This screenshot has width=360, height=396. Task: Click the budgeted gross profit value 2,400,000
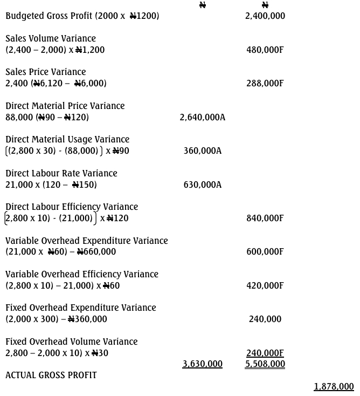[x=265, y=16]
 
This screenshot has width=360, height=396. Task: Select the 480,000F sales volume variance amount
[x=265, y=50]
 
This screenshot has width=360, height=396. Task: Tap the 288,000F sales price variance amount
[x=265, y=83]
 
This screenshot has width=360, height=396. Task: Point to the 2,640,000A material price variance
[x=203, y=117]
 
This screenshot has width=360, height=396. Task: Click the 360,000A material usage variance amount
[x=203, y=151]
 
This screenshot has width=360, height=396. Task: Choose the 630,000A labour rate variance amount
[x=203, y=185]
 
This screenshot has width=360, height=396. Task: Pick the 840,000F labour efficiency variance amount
[x=265, y=218]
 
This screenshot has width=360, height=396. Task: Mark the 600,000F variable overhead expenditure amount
[x=265, y=251]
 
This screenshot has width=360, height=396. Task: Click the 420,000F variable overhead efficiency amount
[x=265, y=285]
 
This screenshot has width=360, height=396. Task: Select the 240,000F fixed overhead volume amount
[x=265, y=353]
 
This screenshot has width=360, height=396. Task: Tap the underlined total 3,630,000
[x=203, y=364]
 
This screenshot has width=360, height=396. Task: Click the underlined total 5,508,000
[x=265, y=364]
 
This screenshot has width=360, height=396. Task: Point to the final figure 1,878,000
[x=334, y=386]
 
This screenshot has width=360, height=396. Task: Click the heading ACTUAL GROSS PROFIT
[x=51, y=375]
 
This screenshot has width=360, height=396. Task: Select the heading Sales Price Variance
[x=46, y=72]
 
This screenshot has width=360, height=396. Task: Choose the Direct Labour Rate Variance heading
[x=61, y=173]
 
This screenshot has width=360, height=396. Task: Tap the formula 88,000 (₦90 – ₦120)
[x=47, y=117]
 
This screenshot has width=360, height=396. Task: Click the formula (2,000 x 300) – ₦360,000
[x=57, y=319]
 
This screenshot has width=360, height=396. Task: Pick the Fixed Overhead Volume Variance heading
[x=72, y=342]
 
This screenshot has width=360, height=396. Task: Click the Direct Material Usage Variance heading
[x=67, y=139]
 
